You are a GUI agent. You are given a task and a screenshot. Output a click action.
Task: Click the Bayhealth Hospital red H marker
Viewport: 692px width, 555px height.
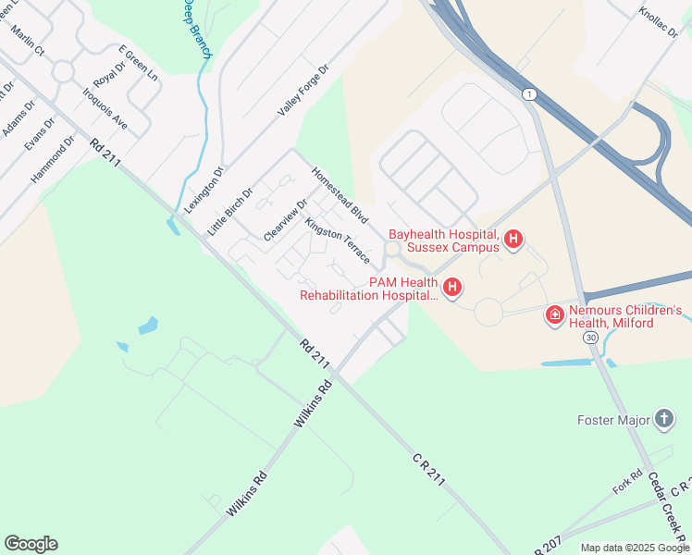[513, 240]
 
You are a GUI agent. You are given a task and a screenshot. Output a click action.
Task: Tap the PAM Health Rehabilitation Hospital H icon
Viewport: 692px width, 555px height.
[452, 289]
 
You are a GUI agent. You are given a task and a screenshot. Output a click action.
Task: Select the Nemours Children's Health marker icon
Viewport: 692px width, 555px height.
[554, 316]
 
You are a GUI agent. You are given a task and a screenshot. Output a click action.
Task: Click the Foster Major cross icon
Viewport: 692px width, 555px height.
[663, 420]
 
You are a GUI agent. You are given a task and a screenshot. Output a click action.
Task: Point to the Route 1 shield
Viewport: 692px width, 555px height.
[528, 94]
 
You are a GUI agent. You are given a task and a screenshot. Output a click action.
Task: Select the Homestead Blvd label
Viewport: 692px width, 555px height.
[340, 194]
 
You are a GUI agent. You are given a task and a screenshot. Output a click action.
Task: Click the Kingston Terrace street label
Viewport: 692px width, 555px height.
[338, 240]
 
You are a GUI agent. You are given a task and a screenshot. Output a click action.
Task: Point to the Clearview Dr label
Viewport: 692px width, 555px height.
[285, 220]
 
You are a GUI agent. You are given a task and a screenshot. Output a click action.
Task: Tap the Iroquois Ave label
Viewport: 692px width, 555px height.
[105, 108]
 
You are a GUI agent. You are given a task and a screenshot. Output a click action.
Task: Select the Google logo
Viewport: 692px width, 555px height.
[31, 544]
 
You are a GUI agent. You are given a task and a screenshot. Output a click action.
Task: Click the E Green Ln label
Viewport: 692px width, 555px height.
[138, 64]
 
